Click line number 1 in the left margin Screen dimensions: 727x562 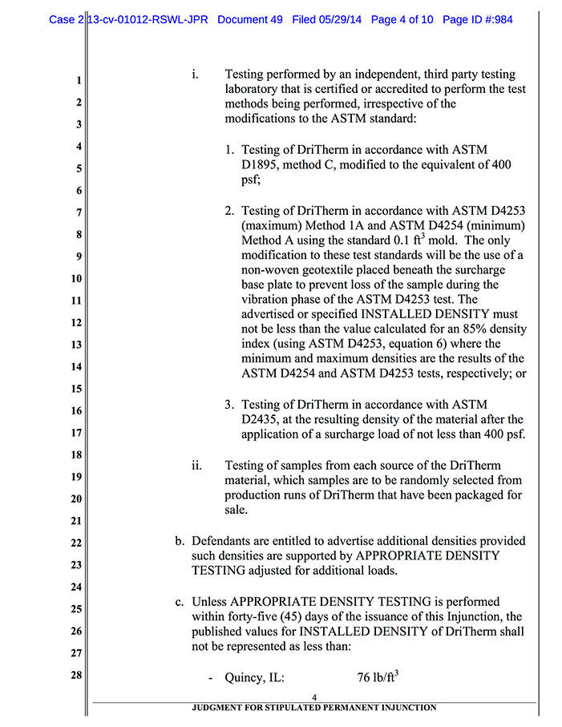pyautogui.click(x=79, y=81)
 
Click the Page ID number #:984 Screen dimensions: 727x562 pyautogui.click(x=488, y=18)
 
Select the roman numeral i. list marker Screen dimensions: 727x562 pyautogui.click(x=196, y=75)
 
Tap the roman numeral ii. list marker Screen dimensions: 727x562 pyautogui.click(x=196, y=465)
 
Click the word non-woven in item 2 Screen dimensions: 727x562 pyautogui.click(x=270, y=269)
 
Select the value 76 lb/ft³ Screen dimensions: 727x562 pyautogui.click(x=378, y=677)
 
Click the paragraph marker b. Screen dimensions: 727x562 pyautogui.click(x=180, y=540)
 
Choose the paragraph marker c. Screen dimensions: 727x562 pyautogui.click(x=180, y=601)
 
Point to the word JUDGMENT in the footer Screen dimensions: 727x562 pyautogui.click(x=216, y=708)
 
